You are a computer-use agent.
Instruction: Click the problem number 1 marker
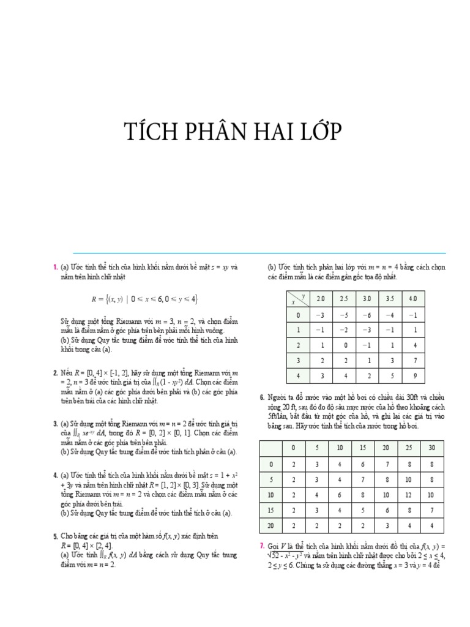(x=55, y=267)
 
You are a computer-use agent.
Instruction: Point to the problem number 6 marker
(x=262, y=398)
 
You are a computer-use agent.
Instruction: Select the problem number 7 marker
(x=262, y=546)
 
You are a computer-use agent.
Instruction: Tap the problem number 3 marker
(x=55, y=422)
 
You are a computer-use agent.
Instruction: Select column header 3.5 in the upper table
(x=389, y=298)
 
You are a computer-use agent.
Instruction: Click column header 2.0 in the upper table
(x=319, y=298)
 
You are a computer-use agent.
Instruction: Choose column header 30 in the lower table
(x=431, y=448)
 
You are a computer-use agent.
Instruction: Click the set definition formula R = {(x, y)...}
(x=145, y=299)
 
